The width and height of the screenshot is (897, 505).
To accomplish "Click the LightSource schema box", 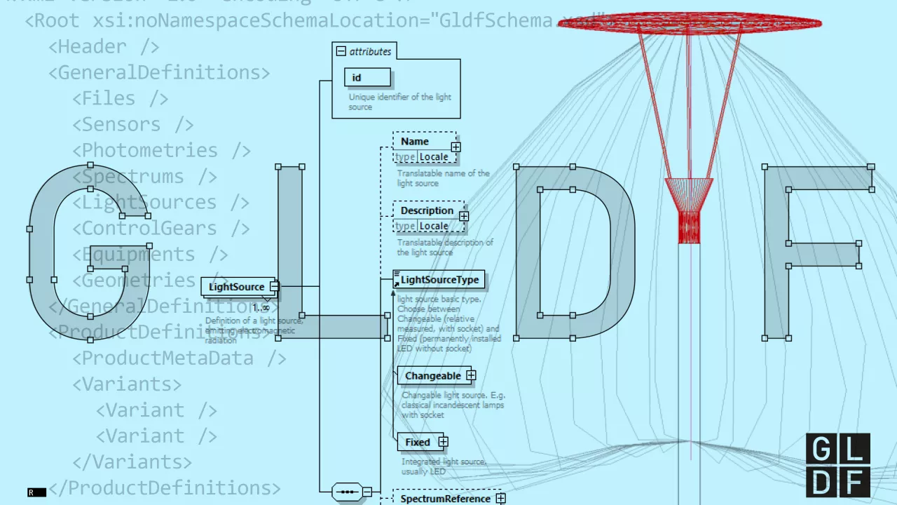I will click(237, 287).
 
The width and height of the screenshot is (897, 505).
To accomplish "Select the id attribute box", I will click(367, 78).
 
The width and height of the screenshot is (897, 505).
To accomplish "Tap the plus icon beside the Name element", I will click(456, 147).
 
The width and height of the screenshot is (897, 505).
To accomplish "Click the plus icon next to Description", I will click(464, 217).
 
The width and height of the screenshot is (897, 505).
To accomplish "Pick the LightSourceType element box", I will click(439, 280).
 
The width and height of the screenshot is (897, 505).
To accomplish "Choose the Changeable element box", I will click(432, 376).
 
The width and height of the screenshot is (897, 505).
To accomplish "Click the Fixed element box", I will click(417, 443).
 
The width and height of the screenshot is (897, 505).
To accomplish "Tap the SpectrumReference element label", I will click(445, 499).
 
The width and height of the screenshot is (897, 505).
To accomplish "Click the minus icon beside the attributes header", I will click(341, 51).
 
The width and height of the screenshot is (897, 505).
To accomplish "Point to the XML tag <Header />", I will click(104, 47).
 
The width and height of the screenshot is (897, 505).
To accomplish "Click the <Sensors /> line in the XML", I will click(133, 125).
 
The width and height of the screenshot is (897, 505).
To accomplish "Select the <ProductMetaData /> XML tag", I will click(179, 358).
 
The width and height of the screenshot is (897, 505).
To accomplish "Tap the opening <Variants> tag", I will click(127, 384).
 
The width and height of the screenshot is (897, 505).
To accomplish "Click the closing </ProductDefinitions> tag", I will click(164, 488).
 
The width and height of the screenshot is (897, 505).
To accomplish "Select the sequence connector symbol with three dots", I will click(348, 492).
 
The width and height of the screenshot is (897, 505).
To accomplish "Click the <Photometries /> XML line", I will click(161, 151).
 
